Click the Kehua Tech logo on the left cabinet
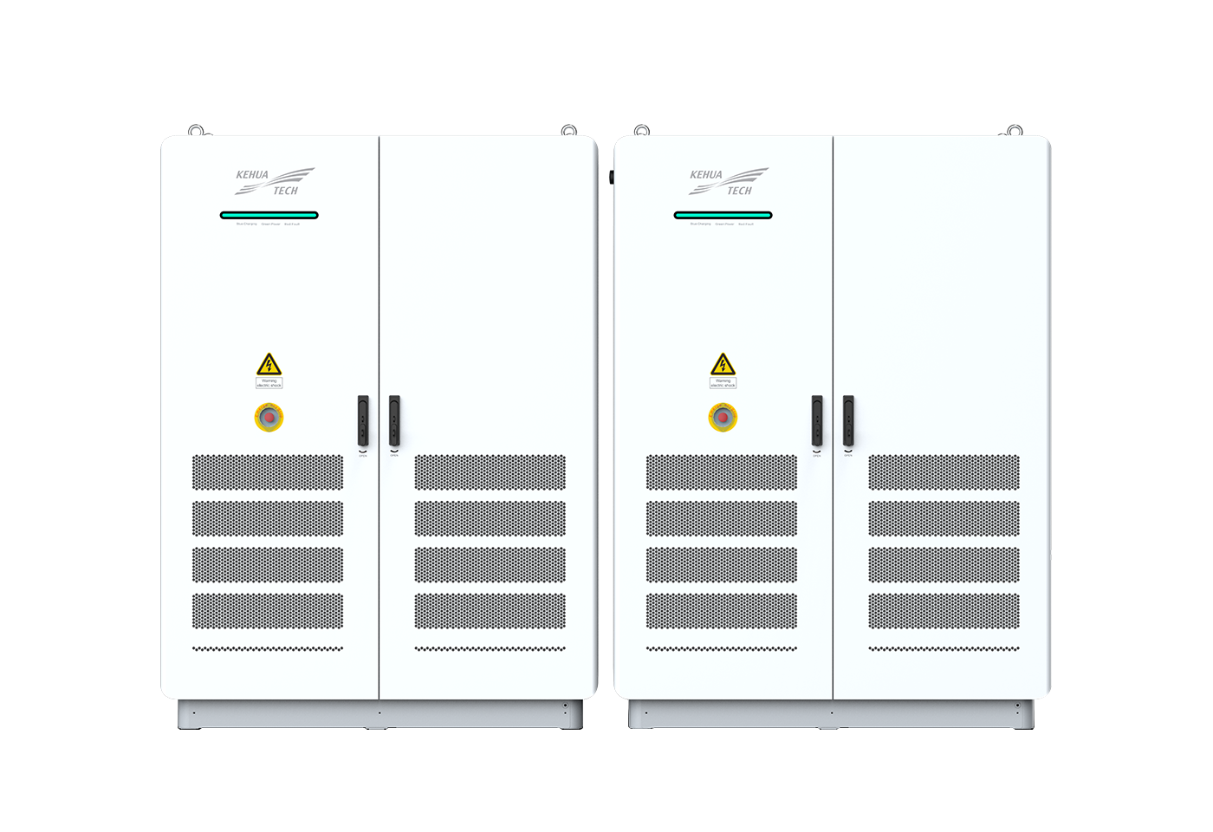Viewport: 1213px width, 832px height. click(274, 182)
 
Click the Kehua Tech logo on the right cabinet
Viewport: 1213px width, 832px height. click(728, 182)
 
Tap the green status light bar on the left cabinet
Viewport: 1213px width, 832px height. click(269, 215)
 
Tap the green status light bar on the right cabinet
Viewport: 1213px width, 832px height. click(723, 215)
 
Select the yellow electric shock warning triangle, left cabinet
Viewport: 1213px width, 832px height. click(269, 364)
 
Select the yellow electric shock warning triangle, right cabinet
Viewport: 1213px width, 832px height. click(723, 364)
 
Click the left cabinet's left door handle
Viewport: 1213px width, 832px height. click(363, 421)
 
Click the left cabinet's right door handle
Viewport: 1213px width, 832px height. click(394, 421)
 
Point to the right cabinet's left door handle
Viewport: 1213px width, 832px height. click(817, 421)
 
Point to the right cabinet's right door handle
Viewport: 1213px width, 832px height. click(848, 421)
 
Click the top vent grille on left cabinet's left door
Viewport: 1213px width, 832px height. click(268, 472)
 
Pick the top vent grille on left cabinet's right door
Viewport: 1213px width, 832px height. click(490, 472)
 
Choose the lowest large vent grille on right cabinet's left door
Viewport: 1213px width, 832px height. click(722, 610)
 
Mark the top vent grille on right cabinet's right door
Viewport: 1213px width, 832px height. click(944, 472)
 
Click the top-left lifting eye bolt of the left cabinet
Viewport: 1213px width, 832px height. click(196, 131)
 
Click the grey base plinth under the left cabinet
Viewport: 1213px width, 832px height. click(379, 714)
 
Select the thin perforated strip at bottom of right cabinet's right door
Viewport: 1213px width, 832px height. click(944, 648)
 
